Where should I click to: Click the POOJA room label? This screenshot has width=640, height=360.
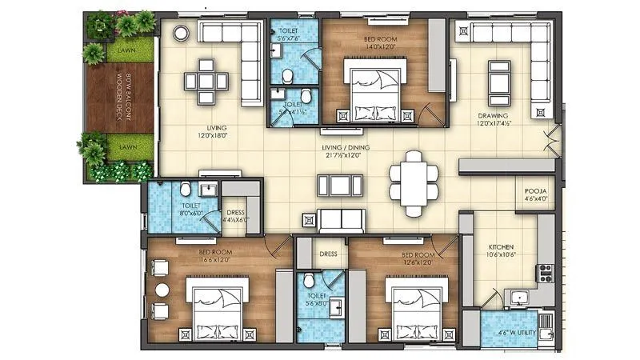pos(535,191)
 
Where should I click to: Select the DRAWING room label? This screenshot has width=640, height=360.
pos(494,114)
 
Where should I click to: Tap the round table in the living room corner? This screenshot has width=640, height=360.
pos(181,33)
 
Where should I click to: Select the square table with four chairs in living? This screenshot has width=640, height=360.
pos(206,80)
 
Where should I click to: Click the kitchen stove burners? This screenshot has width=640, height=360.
pos(546,273)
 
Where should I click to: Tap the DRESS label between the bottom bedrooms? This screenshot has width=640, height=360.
pos(328,254)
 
